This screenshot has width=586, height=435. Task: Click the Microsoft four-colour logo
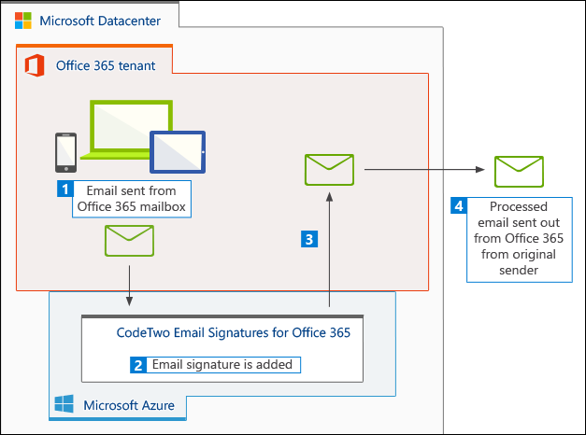coord(21,21)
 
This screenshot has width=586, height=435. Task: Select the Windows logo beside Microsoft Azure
coord(64,404)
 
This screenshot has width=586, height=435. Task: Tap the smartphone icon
coord(64,152)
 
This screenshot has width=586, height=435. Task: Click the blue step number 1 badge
coord(65,189)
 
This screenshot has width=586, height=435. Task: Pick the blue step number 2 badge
coord(137,365)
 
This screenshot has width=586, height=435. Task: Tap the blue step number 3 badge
coord(307,239)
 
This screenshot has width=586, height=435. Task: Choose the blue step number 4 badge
coord(458,205)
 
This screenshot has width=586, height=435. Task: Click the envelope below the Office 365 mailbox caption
coord(129,241)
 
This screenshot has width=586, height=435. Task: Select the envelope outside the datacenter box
coord(519,170)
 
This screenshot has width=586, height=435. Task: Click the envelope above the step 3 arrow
coord(329,169)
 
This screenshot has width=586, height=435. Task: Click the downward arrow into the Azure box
coord(129,284)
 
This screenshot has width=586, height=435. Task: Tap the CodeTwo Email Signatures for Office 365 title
coord(233,331)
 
